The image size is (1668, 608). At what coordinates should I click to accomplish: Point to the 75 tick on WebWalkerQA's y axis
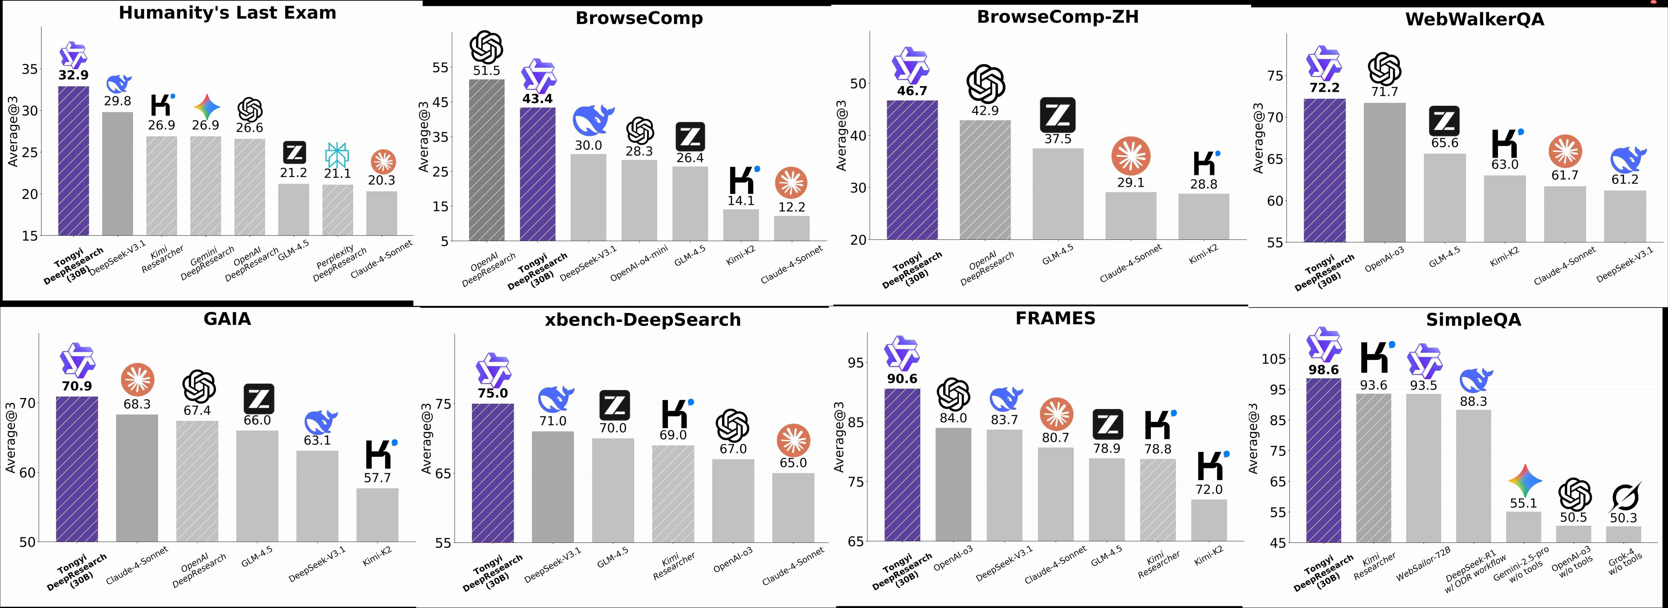[x=1274, y=76]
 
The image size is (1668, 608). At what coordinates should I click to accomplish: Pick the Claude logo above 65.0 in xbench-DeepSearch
[x=793, y=441]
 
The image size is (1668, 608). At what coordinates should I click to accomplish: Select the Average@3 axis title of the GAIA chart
[x=11, y=438]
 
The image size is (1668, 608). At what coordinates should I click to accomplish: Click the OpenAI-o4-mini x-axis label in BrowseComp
[x=638, y=264]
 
